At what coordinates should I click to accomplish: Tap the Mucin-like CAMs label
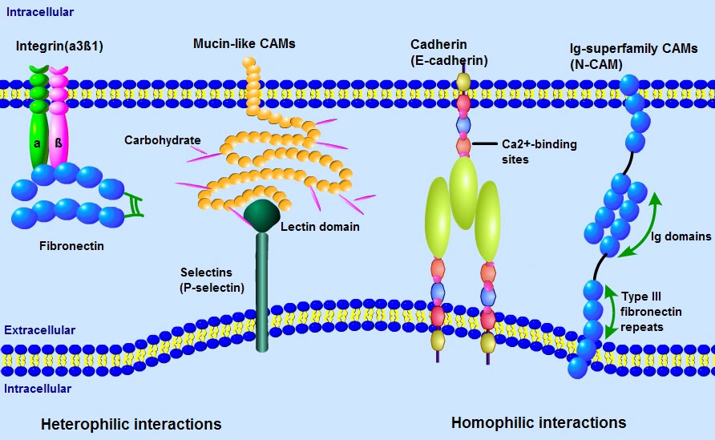point(244,43)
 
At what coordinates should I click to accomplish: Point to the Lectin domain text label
point(320,227)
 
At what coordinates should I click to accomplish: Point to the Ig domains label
point(681,236)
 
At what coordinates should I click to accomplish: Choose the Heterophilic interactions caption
point(131,423)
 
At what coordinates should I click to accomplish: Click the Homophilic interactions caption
point(539,422)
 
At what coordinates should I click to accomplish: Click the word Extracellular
point(40,330)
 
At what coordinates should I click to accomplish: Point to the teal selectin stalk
point(262,297)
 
